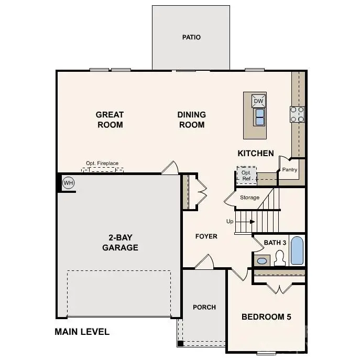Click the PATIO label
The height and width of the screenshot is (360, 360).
[x=191, y=37]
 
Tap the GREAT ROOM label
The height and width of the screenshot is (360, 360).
[x=110, y=119]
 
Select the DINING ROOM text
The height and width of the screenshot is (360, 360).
[x=191, y=119]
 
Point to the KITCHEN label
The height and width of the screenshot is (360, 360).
[x=256, y=154]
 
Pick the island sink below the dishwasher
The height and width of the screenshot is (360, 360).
[x=259, y=117]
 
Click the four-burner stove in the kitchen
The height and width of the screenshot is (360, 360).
[x=298, y=114]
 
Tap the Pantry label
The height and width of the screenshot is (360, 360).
[x=290, y=169]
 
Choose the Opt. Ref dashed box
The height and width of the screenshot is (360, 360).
[x=246, y=175]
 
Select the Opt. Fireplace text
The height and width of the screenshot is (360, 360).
[x=102, y=163]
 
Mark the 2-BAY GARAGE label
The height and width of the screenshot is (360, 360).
[x=120, y=243]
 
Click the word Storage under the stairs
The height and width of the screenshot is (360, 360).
[x=249, y=198]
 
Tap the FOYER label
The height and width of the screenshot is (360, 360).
[x=206, y=236]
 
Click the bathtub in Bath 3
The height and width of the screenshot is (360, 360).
[x=297, y=251]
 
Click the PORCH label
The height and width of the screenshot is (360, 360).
[x=204, y=307]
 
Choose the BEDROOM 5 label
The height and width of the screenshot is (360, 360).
[x=266, y=317]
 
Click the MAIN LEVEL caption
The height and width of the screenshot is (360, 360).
[x=82, y=332]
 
